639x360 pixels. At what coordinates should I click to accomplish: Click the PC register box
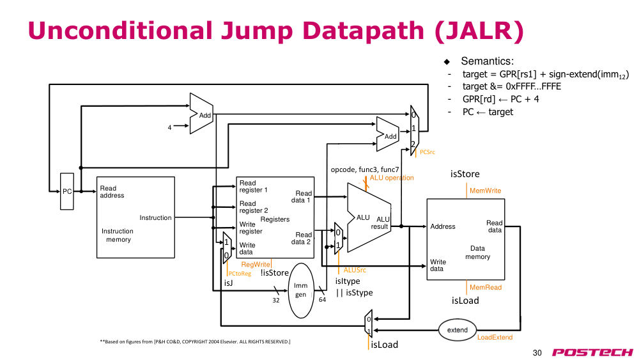[67, 191]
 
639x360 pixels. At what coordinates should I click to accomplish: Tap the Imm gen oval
[301, 290]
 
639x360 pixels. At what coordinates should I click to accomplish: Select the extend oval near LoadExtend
[458, 330]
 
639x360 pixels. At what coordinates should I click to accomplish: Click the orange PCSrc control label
[427, 152]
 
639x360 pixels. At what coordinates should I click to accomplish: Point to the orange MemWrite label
[485, 191]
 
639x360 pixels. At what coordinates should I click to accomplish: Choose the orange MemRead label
[486, 288]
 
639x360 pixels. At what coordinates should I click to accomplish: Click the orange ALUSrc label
[355, 270]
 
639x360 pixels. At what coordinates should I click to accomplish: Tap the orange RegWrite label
[256, 264]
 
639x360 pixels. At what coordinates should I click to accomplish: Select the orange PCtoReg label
[240, 274]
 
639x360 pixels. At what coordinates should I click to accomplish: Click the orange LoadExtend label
[495, 337]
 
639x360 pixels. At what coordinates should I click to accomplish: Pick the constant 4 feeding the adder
[169, 128]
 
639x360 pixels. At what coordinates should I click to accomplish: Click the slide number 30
[537, 353]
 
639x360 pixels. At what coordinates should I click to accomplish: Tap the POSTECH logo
[592, 352]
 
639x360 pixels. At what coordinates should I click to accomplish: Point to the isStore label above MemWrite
[465, 174]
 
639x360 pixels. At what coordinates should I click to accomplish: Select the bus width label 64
[322, 300]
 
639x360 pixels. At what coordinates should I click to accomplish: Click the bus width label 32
[276, 300]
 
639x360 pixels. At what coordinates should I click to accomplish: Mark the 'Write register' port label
[250, 228]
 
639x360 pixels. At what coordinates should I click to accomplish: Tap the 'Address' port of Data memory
[443, 226]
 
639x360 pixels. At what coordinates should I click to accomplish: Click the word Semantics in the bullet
[488, 61]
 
